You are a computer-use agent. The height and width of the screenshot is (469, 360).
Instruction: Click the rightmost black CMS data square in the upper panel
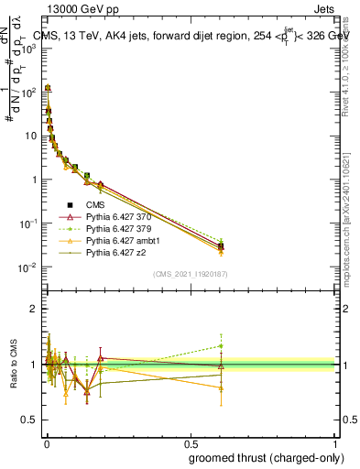[221, 246]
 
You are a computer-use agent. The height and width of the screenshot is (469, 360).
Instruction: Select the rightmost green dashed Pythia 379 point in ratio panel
[221, 345]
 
